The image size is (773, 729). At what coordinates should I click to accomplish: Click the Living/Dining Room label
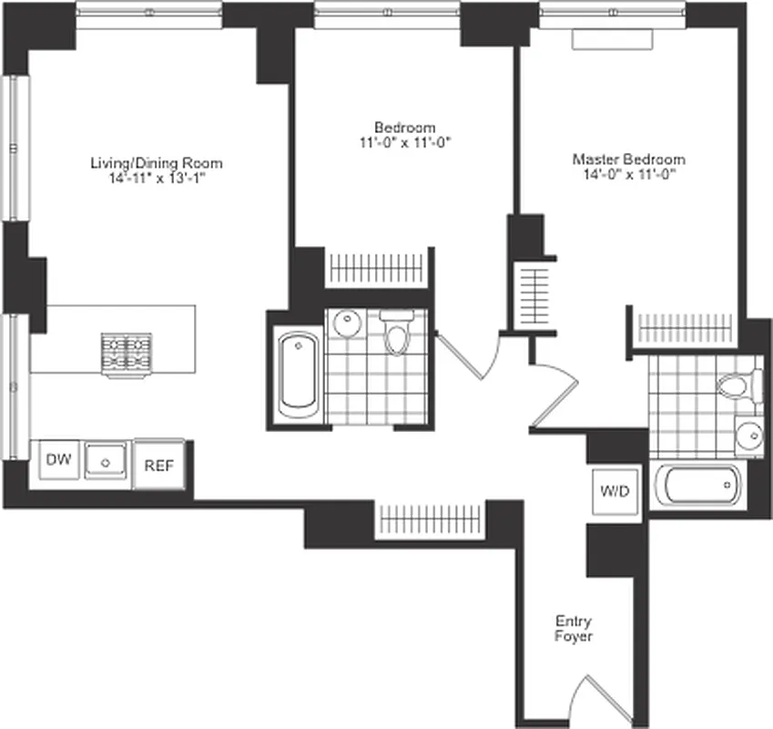[156, 163]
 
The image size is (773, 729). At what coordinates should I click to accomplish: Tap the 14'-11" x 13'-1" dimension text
[156, 177]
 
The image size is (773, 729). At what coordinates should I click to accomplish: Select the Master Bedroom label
[628, 159]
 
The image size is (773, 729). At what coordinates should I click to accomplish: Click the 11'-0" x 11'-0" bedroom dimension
[404, 141]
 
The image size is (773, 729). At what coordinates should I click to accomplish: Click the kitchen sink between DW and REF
[107, 461]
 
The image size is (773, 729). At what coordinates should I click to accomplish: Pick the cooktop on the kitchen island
[127, 354]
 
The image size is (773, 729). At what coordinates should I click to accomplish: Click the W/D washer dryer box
[614, 492]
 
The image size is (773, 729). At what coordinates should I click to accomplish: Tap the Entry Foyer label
[574, 629]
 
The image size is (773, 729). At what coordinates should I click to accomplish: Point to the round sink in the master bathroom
[748, 435]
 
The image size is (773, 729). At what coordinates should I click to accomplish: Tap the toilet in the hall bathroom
[397, 334]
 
